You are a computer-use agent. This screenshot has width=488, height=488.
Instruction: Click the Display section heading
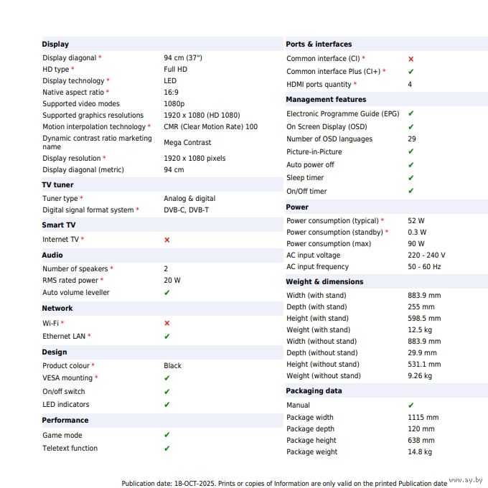pyautogui.click(x=55, y=44)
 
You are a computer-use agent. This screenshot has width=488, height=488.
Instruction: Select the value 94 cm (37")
pyautogui.click(x=183, y=57)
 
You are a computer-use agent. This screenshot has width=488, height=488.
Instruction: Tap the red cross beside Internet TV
pyautogui.click(x=167, y=240)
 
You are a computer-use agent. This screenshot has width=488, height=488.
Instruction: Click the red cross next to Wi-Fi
pyautogui.click(x=167, y=324)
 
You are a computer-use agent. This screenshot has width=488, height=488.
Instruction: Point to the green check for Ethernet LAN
pyautogui.click(x=167, y=336)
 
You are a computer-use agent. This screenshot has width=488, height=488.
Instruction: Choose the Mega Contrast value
pyautogui.click(x=187, y=143)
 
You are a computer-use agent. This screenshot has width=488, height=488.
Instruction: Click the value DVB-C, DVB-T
pyautogui.click(x=186, y=210)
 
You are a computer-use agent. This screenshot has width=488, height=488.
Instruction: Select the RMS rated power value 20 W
pyautogui.click(x=172, y=281)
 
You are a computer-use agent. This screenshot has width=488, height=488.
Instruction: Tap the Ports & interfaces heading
pyautogui.click(x=319, y=44)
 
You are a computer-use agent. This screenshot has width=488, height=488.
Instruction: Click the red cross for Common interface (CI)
pyautogui.click(x=410, y=59)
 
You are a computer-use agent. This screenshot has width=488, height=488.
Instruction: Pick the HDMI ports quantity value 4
pyautogui.click(x=410, y=85)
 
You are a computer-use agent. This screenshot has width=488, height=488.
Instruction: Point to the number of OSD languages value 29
pyautogui.click(x=412, y=139)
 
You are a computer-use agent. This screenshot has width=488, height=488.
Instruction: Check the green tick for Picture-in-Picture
pyautogui.click(x=410, y=151)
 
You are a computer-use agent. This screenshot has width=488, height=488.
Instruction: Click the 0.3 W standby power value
pyautogui.click(x=417, y=233)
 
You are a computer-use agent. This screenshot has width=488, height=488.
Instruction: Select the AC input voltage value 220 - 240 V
pyautogui.click(x=426, y=255)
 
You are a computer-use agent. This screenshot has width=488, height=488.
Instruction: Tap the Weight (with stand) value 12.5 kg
pyautogui.click(x=420, y=330)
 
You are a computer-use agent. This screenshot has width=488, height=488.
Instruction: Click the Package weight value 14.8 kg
pyautogui.click(x=420, y=452)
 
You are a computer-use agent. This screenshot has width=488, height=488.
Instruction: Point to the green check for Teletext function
pyautogui.click(x=167, y=448)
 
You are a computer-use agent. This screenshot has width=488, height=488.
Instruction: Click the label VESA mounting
pyautogui.click(x=67, y=378)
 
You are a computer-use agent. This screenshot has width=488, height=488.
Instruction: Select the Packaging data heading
pyautogui.click(x=314, y=391)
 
